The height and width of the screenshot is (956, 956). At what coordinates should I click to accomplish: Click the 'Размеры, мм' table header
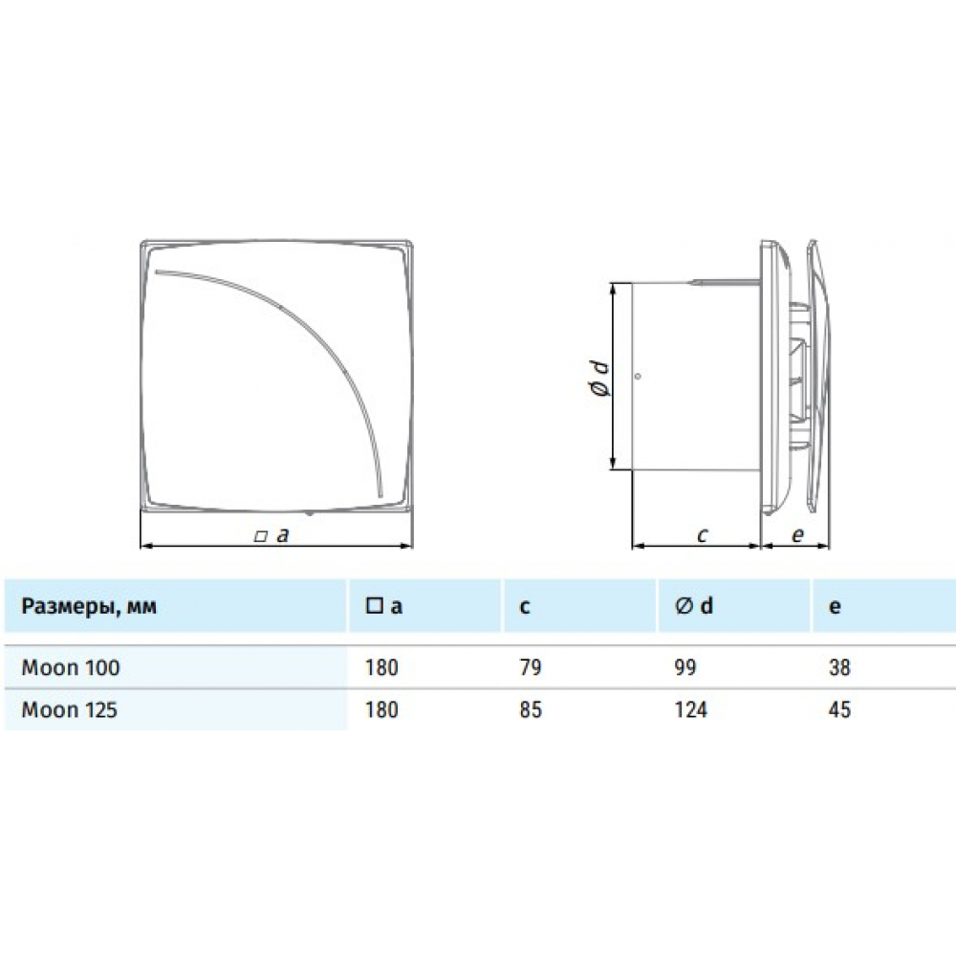pyautogui.click(x=89, y=606)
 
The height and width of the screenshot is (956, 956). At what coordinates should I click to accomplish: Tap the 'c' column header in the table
pyautogui.click(x=526, y=606)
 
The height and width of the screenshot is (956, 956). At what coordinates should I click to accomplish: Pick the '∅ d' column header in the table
pyautogui.click(x=694, y=606)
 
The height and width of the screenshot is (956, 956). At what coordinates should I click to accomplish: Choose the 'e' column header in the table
pyautogui.click(x=835, y=606)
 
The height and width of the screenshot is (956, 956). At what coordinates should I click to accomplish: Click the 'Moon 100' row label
pyautogui.click(x=71, y=668)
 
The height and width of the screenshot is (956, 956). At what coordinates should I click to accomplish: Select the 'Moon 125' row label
pyautogui.click(x=71, y=710)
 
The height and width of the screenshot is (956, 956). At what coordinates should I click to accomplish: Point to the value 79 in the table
pyautogui.click(x=530, y=668)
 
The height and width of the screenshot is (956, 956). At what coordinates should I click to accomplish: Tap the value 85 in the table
pyautogui.click(x=530, y=710)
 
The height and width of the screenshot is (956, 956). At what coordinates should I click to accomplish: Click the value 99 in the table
pyautogui.click(x=685, y=668)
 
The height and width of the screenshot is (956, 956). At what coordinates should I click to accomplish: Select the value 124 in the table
pyautogui.click(x=690, y=710)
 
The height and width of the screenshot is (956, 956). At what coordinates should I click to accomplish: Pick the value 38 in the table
pyautogui.click(x=839, y=668)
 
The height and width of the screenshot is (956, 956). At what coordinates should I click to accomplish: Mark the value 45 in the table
pyautogui.click(x=839, y=710)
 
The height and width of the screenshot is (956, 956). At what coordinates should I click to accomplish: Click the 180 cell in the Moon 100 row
pyautogui.click(x=380, y=668)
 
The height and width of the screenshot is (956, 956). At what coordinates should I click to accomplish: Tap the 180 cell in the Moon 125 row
pyautogui.click(x=380, y=710)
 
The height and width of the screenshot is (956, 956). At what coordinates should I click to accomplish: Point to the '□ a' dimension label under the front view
pyautogui.click(x=272, y=535)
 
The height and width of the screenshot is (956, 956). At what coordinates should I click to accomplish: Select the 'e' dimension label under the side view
pyautogui.click(x=796, y=535)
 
